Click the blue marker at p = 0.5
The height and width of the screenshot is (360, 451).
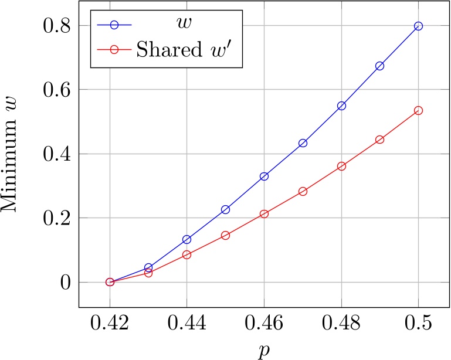(x=418, y=26)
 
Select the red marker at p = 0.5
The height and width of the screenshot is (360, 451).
(x=418, y=110)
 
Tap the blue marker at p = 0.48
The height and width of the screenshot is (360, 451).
(x=341, y=106)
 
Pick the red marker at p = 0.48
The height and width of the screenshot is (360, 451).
(x=341, y=166)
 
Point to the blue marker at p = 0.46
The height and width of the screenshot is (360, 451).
(x=264, y=176)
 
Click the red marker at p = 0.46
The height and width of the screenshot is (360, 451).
(x=264, y=214)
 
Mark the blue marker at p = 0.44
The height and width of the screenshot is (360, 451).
(x=187, y=239)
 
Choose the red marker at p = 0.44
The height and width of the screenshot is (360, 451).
(x=187, y=254)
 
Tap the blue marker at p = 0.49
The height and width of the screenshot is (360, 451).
(x=379, y=66)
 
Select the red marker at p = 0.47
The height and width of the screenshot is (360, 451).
(x=303, y=191)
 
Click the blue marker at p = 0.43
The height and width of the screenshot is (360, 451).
(x=148, y=267)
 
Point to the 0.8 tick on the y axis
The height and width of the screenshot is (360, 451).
(x=57, y=26)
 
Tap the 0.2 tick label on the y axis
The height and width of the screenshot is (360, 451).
(x=57, y=218)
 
